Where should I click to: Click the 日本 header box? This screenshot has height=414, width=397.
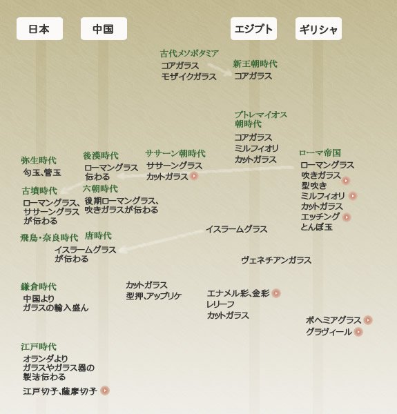(x=39, y=29)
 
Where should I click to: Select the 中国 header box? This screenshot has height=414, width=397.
(x=104, y=29)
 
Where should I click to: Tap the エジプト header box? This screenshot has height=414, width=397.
(x=253, y=29)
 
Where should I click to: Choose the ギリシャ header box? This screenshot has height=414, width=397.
(x=318, y=29)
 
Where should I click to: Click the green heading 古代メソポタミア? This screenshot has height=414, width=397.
(x=189, y=54)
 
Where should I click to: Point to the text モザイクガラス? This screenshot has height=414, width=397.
(x=189, y=77)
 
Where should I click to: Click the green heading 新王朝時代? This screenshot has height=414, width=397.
(x=255, y=64)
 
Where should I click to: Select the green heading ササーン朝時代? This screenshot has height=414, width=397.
(x=175, y=153)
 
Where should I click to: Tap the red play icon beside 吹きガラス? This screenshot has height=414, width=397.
(x=346, y=181)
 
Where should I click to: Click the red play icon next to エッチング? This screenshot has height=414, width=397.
(x=347, y=217)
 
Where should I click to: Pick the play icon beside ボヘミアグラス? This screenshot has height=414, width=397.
(x=368, y=320)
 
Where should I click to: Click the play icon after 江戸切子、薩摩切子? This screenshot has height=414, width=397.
(x=105, y=391)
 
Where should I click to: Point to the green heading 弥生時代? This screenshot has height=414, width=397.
(x=39, y=160)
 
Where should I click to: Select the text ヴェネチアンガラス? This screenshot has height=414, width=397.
(x=276, y=260)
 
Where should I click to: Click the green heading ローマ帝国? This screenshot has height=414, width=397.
(x=320, y=152)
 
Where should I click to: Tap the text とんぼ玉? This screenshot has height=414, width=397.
(x=316, y=227)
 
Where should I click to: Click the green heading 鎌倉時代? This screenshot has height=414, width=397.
(x=39, y=286)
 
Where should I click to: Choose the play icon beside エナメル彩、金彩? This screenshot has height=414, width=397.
(x=276, y=293)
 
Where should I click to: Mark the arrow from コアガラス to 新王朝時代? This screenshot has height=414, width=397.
(x=220, y=69)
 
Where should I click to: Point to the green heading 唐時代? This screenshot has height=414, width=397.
(x=98, y=235)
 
